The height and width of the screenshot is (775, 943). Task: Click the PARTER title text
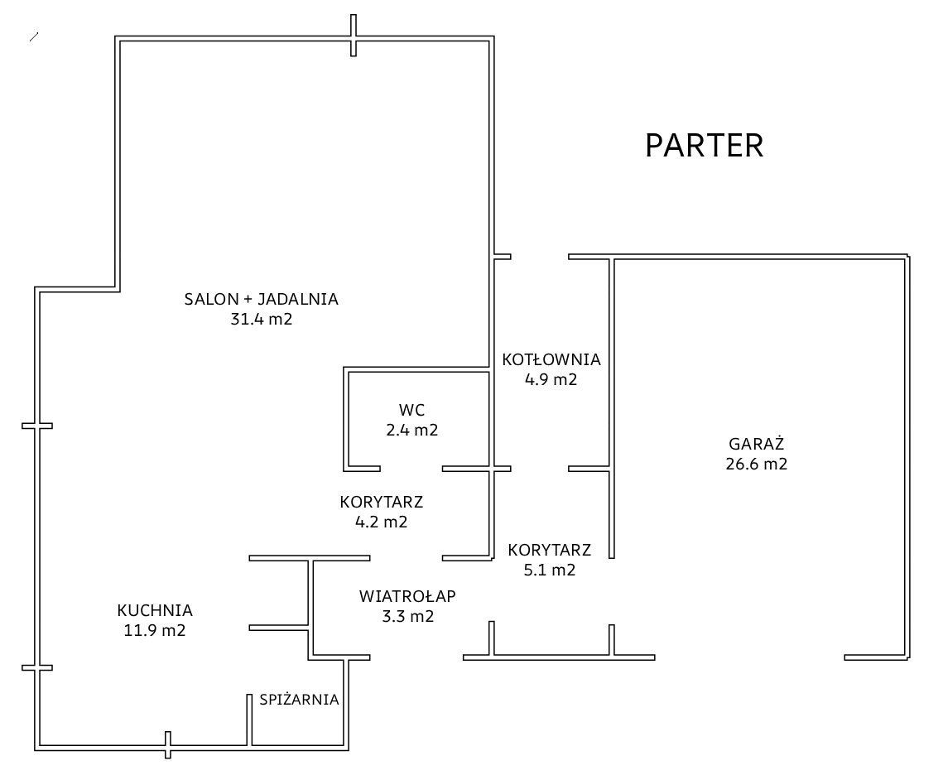(704, 146)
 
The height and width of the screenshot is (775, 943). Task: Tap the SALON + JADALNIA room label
(262, 300)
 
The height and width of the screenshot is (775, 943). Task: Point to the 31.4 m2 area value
(262, 320)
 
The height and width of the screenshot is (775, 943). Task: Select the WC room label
(411, 410)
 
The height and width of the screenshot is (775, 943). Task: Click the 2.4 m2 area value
(411, 430)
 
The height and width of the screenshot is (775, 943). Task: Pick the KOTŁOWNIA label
(551, 360)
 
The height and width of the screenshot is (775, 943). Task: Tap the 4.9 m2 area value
(551, 380)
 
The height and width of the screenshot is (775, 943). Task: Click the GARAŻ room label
(757, 443)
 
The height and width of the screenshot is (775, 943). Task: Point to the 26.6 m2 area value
(757, 464)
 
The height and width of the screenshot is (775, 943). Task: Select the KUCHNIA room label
(155, 611)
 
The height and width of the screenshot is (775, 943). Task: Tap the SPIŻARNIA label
(299, 700)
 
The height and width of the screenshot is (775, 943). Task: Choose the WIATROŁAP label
(407, 596)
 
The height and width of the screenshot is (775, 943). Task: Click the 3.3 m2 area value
(407, 616)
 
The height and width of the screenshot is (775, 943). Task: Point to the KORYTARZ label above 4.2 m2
(382, 502)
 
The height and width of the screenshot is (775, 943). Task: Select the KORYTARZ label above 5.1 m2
(550, 550)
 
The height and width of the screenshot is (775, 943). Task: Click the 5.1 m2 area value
(549, 570)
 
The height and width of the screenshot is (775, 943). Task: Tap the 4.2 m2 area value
(381, 522)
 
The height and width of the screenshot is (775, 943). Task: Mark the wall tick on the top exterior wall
(354, 36)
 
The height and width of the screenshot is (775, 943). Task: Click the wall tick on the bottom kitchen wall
(167, 745)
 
